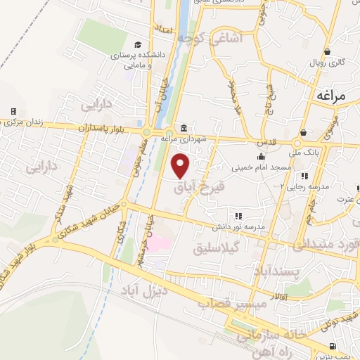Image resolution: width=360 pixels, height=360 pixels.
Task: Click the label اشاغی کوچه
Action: [216, 38]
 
